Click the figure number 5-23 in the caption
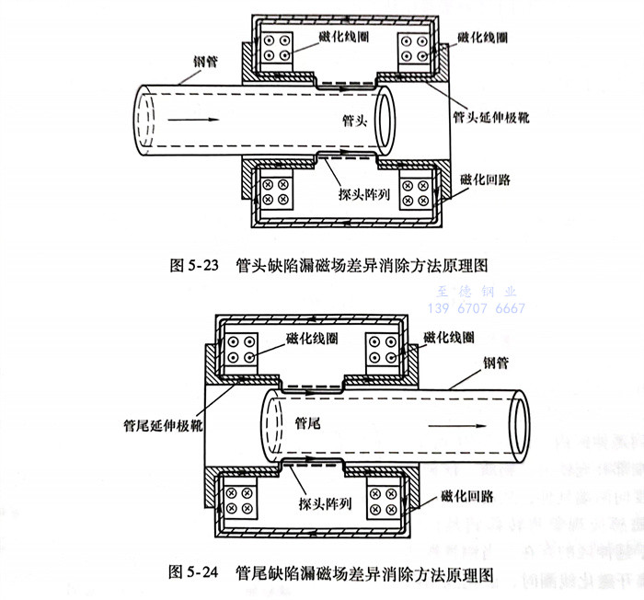coord(203,264)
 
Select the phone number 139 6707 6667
coord(478,308)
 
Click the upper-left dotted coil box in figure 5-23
coord(275,49)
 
